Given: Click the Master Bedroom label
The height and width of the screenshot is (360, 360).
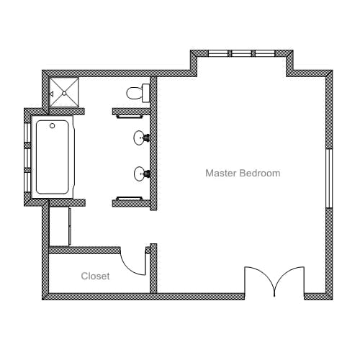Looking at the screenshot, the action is pyautogui.click(x=243, y=173).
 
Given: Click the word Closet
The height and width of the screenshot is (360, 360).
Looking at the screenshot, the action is pyautogui.click(x=95, y=276).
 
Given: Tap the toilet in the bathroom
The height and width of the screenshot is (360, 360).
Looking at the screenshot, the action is pyautogui.click(x=138, y=93).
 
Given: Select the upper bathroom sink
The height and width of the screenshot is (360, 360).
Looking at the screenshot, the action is pyautogui.click(x=142, y=138).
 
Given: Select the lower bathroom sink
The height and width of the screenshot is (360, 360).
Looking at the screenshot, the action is pyautogui.click(x=142, y=174).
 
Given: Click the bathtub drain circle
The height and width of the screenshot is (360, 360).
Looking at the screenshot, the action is pyautogui.click(x=53, y=125).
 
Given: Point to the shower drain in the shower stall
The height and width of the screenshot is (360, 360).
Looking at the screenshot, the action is pyautogui.click(x=64, y=93).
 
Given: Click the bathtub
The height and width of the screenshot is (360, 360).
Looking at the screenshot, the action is pyautogui.click(x=53, y=157).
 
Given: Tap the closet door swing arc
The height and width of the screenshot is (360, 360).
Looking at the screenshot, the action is pyautogui.click(x=130, y=268).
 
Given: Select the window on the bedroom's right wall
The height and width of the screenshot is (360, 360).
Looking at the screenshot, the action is pyautogui.click(x=329, y=179).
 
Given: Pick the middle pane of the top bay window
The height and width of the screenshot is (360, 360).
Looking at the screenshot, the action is pyautogui.click(x=241, y=53).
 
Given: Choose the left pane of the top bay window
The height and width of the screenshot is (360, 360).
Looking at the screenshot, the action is pyautogui.click(x=218, y=53).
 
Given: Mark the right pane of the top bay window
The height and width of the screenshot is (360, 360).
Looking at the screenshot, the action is pyautogui.click(x=265, y=53).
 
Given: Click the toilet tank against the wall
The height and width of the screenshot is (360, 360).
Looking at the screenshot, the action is pyautogui.click(x=146, y=93).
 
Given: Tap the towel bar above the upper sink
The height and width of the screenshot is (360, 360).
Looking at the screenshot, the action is pyautogui.click(x=130, y=117).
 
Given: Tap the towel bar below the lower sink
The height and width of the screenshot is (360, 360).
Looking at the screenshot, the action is pyautogui.click(x=130, y=198).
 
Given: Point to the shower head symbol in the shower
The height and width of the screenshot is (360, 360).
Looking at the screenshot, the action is pyautogui.click(x=51, y=94).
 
